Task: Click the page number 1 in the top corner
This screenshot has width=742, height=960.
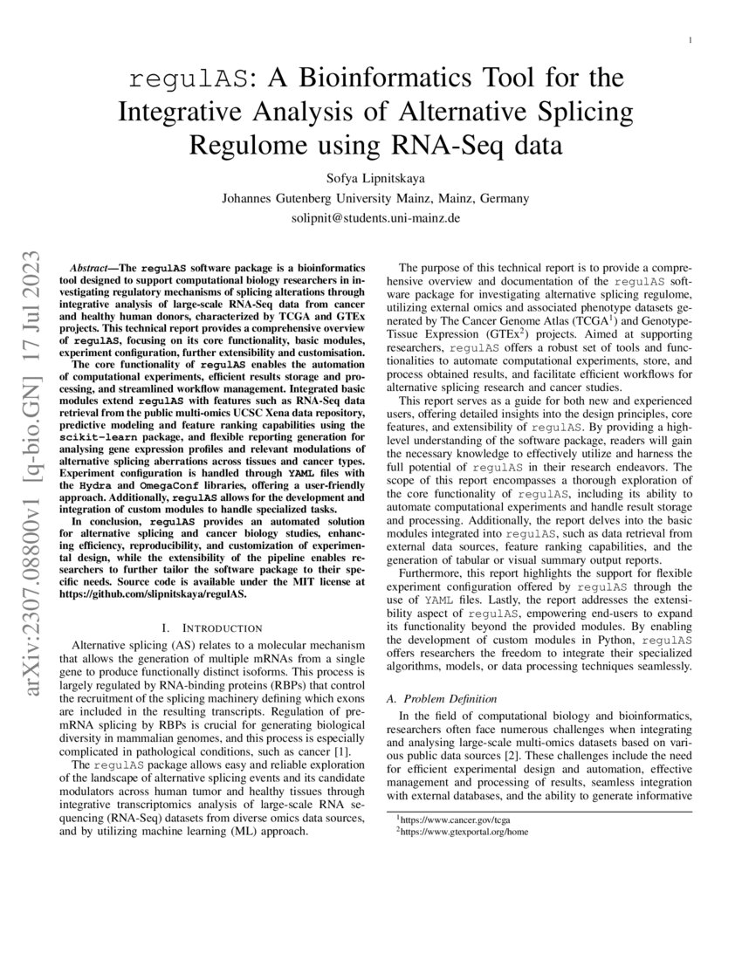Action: [x=690, y=41]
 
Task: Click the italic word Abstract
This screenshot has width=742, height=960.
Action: [x=90, y=267]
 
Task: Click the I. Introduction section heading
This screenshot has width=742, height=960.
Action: [x=213, y=627]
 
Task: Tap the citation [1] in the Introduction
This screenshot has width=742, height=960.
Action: [x=343, y=751]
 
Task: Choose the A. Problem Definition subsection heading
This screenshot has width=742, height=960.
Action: [x=442, y=699]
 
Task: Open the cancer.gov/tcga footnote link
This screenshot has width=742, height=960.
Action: [x=446, y=819]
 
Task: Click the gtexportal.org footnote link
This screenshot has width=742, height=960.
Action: [x=464, y=832]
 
